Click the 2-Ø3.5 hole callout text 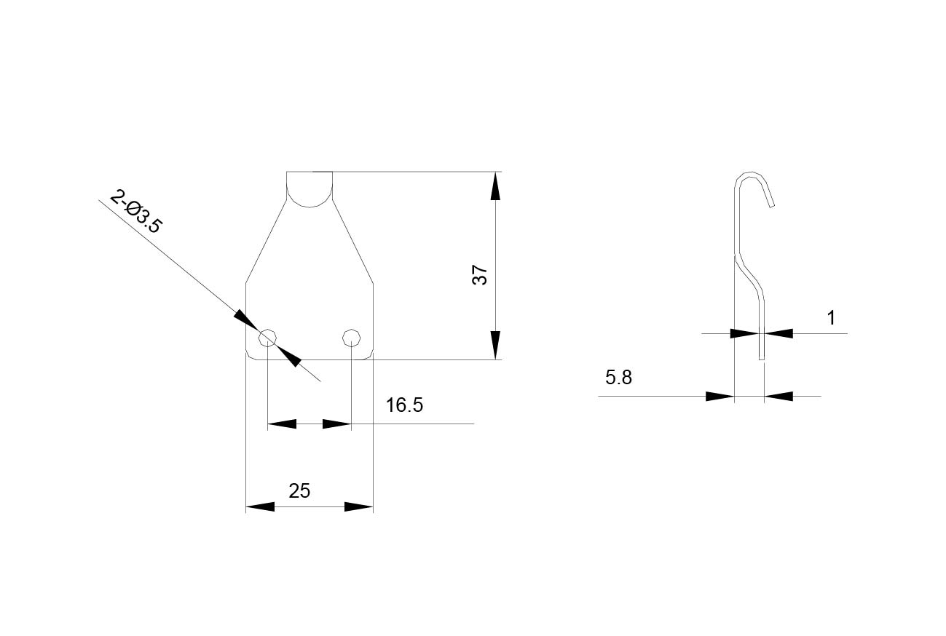(x=135, y=212)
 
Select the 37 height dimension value (x=480, y=275)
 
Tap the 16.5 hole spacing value (x=404, y=405)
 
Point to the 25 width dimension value (x=299, y=490)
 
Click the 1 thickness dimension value (x=831, y=318)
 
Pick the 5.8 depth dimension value (x=619, y=377)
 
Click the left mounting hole (x=268, y=338)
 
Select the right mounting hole (x=351, y=338)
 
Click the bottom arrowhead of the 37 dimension (x=495, y=345)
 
